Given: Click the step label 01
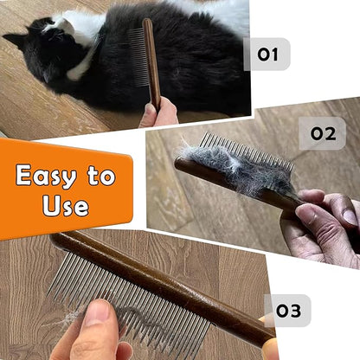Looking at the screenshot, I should [x=267, y=55].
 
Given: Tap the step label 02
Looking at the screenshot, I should [x=322, y=134].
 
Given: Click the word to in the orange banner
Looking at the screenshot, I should [x=100, y=176].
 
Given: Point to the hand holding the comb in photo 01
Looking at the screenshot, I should [x=160, y=113].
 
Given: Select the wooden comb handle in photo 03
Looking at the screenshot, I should [x=164, y=277].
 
